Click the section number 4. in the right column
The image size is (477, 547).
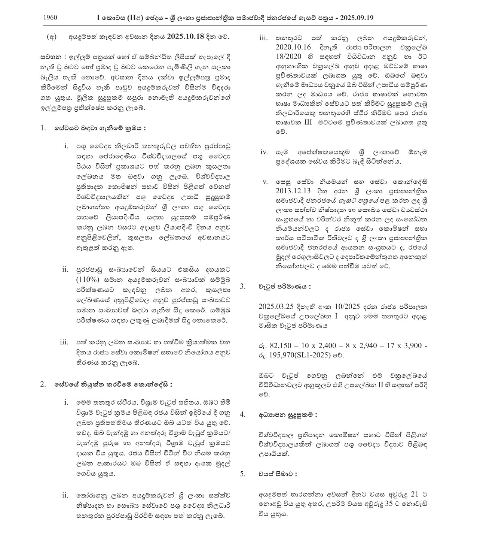click(243, 415)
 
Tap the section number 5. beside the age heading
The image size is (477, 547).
click(243, 474)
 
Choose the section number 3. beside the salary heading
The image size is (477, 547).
click(243, 287)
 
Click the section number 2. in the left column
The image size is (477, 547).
click(43, 384)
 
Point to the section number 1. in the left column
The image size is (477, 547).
click(43, 128)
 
